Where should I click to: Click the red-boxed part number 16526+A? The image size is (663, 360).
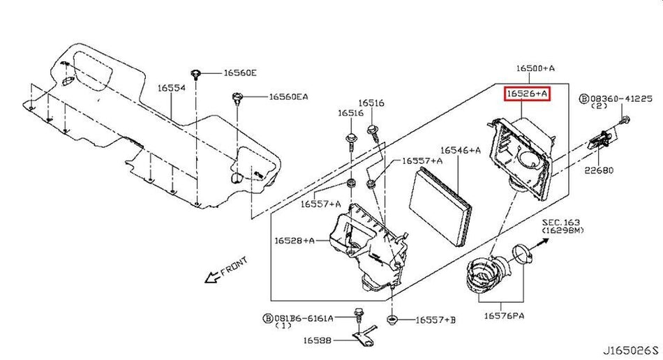coord(527,92)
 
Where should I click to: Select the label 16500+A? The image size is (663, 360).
coord(535,68)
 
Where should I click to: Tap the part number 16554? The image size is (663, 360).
coord(171,89)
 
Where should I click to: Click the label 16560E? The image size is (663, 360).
coord(241,73)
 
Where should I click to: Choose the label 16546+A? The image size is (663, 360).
coord(461,150)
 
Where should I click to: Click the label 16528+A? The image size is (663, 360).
coord(290,241)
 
